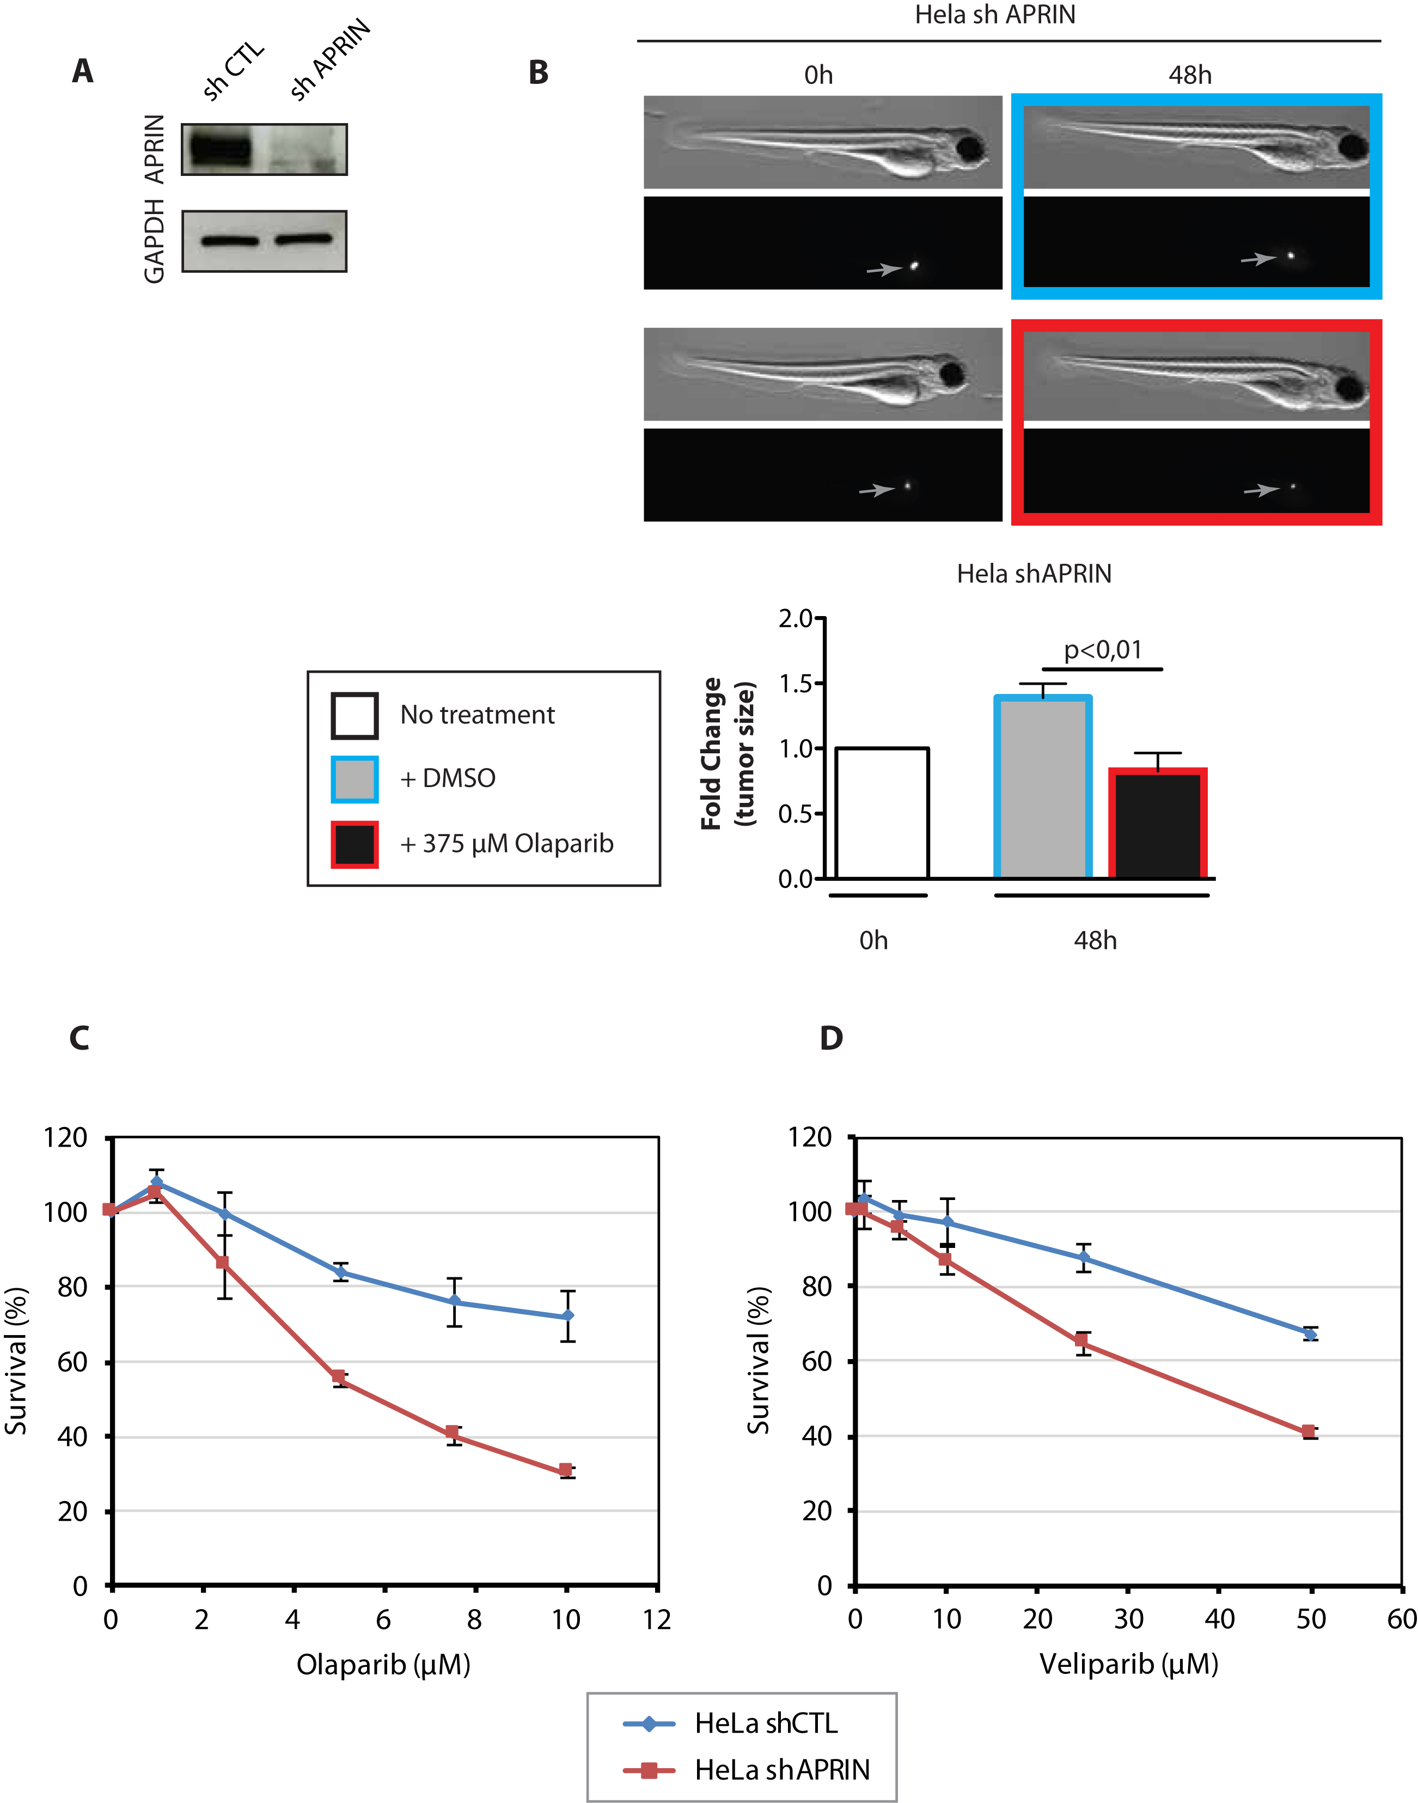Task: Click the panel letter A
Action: [82, 71]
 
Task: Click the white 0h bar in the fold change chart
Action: [882, 813]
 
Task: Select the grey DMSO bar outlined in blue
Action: [1043, 787]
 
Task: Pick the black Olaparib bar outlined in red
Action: [1157, 823]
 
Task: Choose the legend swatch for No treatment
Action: [354, 715]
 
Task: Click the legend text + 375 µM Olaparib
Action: [506, 844]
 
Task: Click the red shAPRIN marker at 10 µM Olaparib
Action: [565, 1470]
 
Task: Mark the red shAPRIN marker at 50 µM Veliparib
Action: [1309, 1431]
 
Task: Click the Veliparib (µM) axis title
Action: [1128, 1664]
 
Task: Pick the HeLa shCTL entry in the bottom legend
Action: [731, 1723]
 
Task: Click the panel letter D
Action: [831, 1038]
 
